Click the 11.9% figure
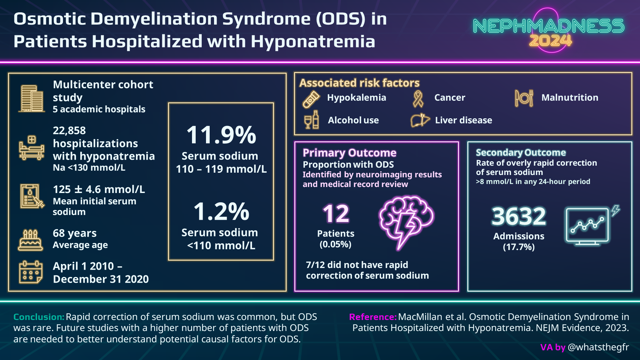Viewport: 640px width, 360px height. (221, 135)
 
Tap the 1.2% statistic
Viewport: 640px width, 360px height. (221, 211)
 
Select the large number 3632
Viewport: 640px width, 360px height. (519, 216)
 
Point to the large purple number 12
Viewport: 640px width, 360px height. (336, 214)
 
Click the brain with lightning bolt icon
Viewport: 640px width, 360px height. (406, 220)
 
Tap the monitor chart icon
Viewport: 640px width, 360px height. (588, 226)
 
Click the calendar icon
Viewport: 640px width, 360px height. (31, 272)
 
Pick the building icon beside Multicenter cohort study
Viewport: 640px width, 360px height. (32, 98)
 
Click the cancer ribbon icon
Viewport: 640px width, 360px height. (418, 99)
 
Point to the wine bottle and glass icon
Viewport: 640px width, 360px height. (312, 120)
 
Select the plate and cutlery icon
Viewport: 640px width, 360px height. (524, 98)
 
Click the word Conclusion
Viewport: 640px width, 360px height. (39, 317)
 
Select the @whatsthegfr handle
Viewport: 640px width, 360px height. (598, 347)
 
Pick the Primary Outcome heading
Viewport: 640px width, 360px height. (349, 153)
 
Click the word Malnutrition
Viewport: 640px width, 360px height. (570, 98)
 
